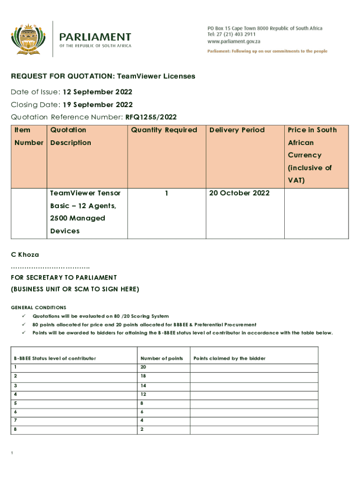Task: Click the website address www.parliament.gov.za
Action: click(x=234, y=41)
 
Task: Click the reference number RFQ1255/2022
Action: click(x=151, y=117)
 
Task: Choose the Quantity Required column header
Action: click(x=164, y=130)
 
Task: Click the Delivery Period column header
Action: click(x=237, y=130)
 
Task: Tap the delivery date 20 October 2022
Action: click(x=239, y=193)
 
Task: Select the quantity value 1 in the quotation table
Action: click(x=166, y=193)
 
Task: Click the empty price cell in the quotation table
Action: click(x=317, y=213)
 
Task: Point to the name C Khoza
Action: click(x=25, y=255)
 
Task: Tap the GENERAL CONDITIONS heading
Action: click(x=38, y=307)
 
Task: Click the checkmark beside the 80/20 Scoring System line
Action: click(x=23, y=316)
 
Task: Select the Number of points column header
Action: click(x=161, y=358)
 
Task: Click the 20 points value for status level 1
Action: click(x=143, y=367)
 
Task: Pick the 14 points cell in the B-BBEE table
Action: click(x=143, y=385)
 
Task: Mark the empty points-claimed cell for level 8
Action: click(x=253, y=429)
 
